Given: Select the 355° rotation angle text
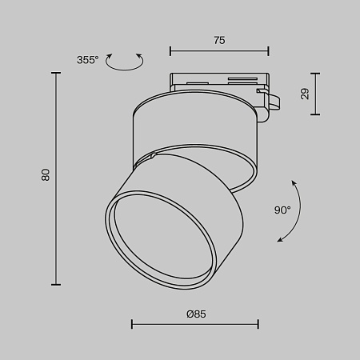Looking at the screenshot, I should point(88,60).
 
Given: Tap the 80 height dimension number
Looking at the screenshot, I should point(46,174).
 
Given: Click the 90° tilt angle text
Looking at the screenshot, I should point(282,210).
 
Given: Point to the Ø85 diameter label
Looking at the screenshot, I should point(195,314).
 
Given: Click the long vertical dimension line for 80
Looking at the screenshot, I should point(56,178).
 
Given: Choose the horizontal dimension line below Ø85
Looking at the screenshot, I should point(195,324).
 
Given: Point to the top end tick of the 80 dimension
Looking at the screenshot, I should point(56,72).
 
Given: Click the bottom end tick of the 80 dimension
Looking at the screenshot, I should point(56,284).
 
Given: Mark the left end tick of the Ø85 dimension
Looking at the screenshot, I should point(132,324).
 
